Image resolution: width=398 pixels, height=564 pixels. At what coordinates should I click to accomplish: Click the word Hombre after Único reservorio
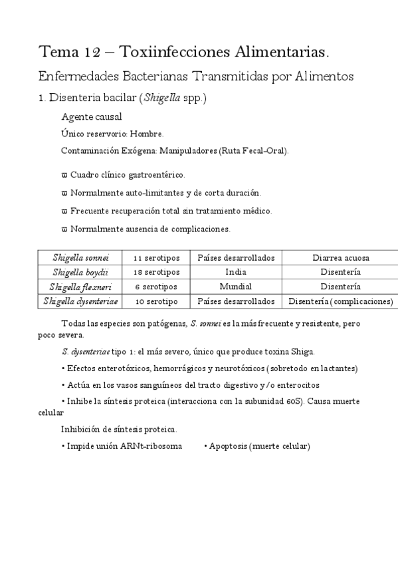click(x=147, y=134)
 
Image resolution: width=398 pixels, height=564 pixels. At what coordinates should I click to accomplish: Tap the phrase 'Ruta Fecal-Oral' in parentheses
click(x=260, y=151)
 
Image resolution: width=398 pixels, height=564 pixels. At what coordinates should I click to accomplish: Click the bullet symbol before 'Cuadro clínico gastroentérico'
click(x=64, y=175)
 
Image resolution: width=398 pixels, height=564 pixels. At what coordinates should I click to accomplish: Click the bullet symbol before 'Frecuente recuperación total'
click(x=64, y=211)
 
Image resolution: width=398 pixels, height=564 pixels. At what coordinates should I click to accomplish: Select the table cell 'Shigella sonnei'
click(x=80, y=257)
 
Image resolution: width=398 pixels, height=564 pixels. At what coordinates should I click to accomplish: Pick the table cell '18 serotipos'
click(x=156, y=272)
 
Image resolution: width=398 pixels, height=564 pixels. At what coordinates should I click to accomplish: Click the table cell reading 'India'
click(x=235, y=272)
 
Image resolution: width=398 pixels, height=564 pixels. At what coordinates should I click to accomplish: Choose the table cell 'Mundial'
click(x=235, y=287)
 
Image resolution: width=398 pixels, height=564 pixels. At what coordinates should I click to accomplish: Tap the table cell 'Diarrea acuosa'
click(x=340, y=257)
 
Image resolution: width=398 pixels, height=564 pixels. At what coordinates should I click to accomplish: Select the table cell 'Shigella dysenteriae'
click(x=80, y=301)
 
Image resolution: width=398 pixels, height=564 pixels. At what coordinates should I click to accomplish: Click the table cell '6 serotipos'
click(x=156, y=287)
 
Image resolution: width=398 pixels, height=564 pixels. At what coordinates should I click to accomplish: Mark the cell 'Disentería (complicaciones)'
click(x=340, y=301)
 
